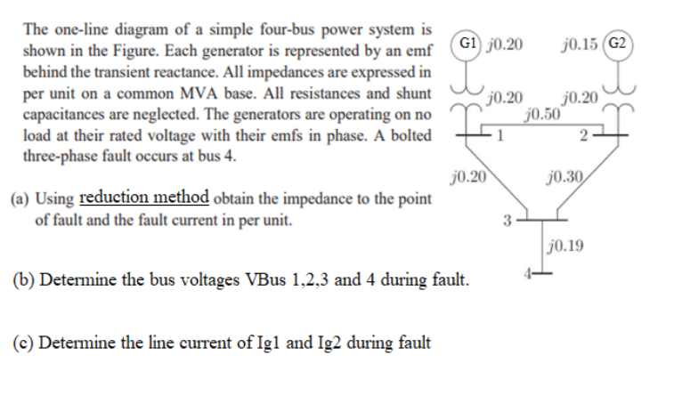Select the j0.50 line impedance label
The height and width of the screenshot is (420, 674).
point(543,114)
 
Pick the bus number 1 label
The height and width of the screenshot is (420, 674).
point(500,135)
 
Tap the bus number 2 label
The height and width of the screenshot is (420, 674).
point(581,135)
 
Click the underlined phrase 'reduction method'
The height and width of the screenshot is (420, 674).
point(144,198)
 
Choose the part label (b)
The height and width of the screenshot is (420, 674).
point(20,281)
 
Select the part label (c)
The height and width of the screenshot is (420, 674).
point(20,342)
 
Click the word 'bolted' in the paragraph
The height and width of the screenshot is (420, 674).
point(410,135)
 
